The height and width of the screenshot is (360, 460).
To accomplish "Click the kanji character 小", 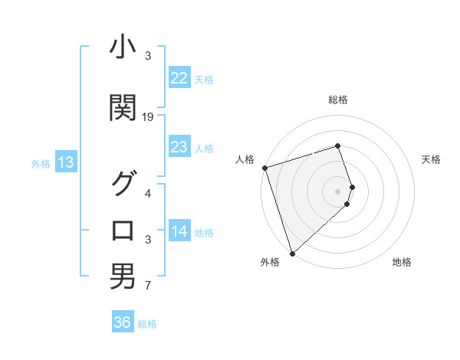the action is coord(123,49).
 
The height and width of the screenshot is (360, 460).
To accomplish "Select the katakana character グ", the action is coord(123,184).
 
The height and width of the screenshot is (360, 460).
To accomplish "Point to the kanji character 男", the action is coord(123,277).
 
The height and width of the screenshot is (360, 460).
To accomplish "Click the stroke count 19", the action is coord(148,116).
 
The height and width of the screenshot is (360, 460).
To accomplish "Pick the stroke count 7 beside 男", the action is coord(148,286).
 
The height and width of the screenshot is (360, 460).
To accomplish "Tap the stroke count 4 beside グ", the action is coord(148,193).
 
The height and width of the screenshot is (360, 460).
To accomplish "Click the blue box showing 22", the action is coord(179,78).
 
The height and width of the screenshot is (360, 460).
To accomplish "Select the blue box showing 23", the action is coord(179,147).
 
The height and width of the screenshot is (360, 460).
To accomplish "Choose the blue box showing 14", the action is coord(179,232).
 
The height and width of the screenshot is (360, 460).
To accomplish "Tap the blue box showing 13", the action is coord(65,162).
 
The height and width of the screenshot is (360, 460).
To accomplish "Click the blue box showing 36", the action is coord(123,322).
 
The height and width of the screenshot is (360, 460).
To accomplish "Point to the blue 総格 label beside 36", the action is coord(147,324).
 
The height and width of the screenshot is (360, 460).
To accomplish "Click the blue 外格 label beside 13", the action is coord(41,163).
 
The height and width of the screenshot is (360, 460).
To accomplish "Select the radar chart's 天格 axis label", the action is coord(432,159).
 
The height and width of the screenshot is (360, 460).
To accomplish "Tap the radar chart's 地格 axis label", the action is coord(402,263).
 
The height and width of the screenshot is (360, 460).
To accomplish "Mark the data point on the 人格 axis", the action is coord(264,168).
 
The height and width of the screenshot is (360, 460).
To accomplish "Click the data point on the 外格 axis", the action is coord(292,253).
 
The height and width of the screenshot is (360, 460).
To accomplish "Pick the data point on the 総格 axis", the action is coord(337,146).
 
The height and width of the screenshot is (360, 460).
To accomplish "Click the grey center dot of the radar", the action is coord(337,191).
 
